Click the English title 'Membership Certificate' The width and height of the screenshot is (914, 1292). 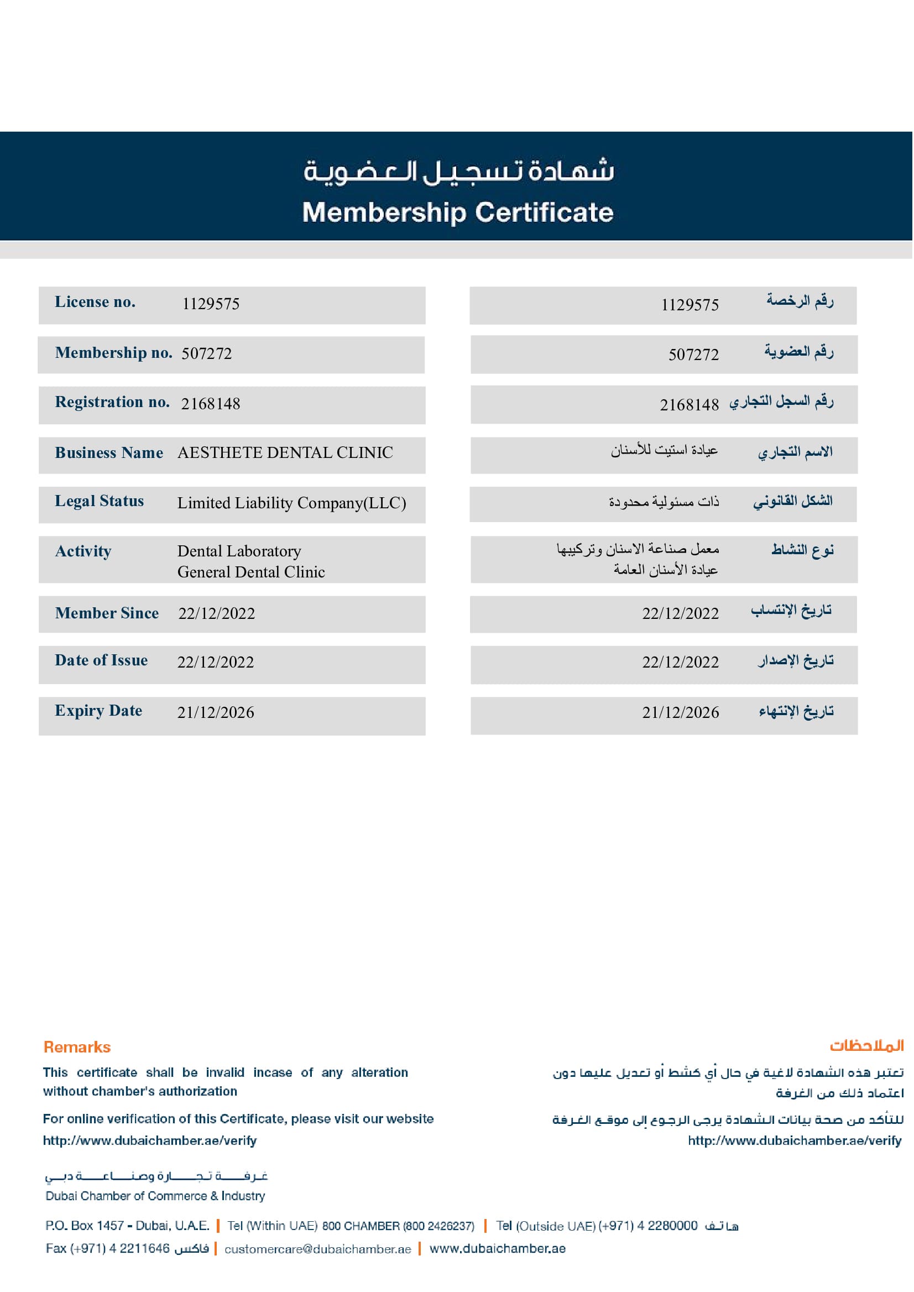click(458, 213)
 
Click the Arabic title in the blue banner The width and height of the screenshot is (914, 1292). click(458, 171)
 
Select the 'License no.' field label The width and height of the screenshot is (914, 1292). click(95, 303)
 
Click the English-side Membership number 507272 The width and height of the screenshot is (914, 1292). click(207, 353)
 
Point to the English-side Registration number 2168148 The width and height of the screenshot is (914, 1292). click(211, 404)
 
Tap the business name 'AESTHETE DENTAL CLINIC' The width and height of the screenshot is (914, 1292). click(285, 452)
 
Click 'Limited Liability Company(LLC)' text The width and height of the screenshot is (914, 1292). click(291, 503)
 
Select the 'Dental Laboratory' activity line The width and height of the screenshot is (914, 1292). click(239, 550)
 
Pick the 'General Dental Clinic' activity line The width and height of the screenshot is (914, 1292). click(251, 572)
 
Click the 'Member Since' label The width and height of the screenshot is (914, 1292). click(107, 613)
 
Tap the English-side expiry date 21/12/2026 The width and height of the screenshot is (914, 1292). click(216, 713)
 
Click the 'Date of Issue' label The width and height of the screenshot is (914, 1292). click(101, 660)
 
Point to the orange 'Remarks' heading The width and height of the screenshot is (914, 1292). click(77, 1047)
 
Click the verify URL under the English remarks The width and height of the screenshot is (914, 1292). click(150, 1140)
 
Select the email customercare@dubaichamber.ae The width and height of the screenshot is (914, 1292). click(318, 1249)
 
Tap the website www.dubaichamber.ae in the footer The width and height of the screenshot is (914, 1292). click(498, 1248)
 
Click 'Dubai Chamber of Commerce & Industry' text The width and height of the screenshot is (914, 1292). click(155, 1196)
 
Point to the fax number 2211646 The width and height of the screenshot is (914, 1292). click(145, 1248)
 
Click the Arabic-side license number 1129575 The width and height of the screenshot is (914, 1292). click(690, 305)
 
